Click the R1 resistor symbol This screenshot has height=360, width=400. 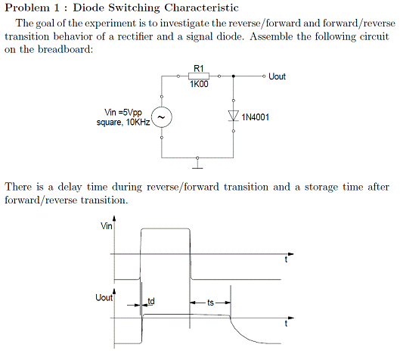[x=199, y=76]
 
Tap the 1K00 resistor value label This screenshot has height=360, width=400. [x=199, y=84]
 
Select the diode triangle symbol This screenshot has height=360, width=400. [x=233, y=116]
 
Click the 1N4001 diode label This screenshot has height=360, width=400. [x=256, y=117]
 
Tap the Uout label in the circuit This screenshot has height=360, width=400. [x=277, y=76]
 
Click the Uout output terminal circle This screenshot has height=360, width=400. [x=264, y=76]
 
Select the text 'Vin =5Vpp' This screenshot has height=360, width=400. [x=123, y=112]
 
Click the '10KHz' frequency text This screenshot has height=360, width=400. [x=138, y=123]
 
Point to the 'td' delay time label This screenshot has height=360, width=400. [x=151, y=301]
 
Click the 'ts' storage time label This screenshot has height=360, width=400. [x=210, y=303]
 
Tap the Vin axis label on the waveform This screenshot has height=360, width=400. [x=107, y=226]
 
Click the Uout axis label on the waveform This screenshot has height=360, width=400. [x=104, y=297]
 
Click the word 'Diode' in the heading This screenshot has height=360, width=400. [x=89, y=8]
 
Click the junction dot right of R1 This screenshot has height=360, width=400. [x=233, y=76]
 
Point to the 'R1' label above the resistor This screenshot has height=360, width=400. [x=199, y=68]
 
